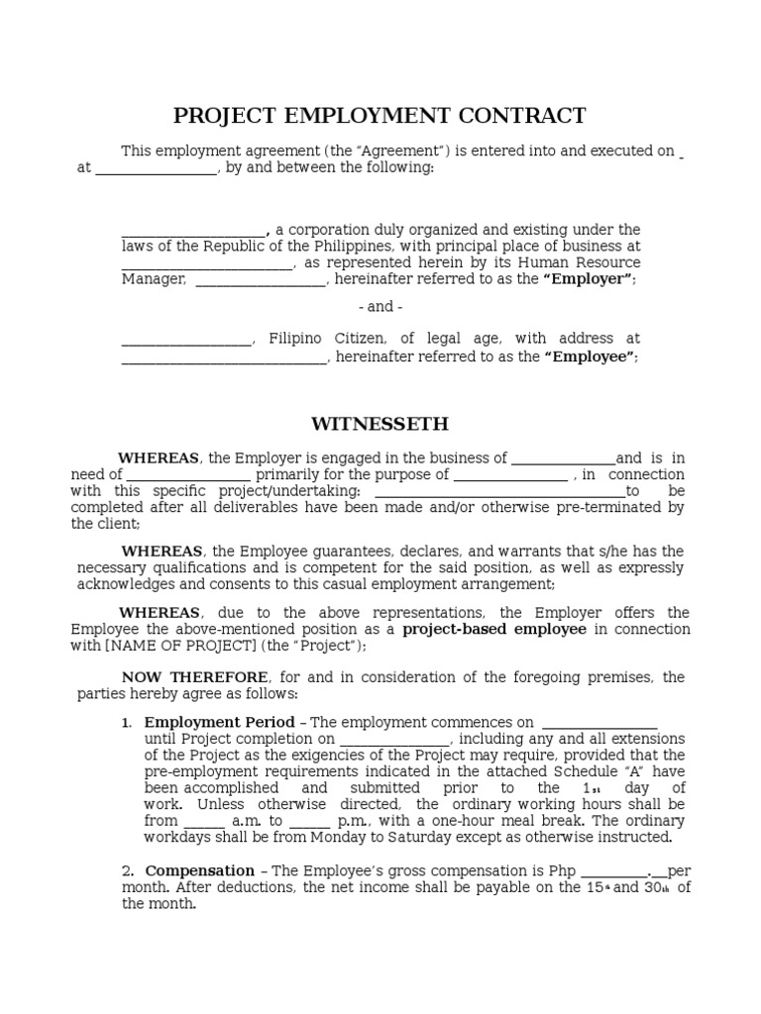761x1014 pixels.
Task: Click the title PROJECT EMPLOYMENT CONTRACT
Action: click(380, 116)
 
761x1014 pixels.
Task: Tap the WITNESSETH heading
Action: click(380, 424)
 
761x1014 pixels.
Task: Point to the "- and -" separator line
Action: click(380, 307)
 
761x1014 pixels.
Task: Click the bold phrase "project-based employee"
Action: click(494, 629)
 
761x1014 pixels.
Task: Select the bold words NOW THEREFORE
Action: click(194, 677)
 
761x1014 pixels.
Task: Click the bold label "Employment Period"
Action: click(220, 723)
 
